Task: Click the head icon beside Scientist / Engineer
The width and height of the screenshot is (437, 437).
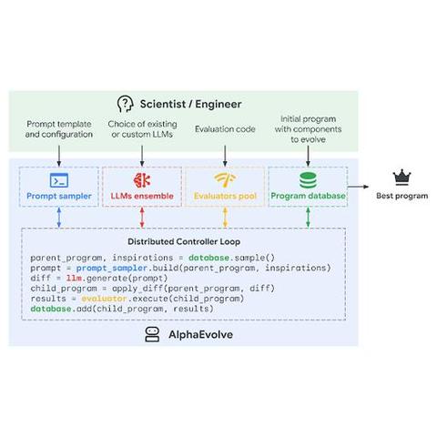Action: (125, 104)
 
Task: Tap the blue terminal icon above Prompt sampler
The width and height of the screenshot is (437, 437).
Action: (59, 180)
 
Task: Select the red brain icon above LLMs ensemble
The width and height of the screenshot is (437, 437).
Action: (142, 180)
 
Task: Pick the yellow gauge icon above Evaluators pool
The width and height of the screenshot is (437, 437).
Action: (225, 179)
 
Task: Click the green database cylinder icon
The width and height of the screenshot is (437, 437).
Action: (308, 180)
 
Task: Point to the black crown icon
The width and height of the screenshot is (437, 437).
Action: (401, 178)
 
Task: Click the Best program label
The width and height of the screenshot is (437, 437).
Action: (402, 196)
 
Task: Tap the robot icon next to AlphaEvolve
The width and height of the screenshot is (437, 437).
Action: (152, 334)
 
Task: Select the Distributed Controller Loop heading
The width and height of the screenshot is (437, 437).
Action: (184, 241)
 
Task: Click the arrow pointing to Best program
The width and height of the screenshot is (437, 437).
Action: (358, 187)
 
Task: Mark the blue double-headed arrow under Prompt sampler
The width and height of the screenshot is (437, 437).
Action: (59, 218)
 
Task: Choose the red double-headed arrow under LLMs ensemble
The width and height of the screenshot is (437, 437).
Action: (142, 218)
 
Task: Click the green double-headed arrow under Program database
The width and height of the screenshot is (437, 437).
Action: (308, 218)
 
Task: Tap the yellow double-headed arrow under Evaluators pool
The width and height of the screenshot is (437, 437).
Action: (225, 218)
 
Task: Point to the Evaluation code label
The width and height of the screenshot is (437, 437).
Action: (225, 129)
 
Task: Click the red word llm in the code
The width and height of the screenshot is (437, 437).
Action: (74, 278)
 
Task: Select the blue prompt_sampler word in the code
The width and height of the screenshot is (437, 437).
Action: (112, 269)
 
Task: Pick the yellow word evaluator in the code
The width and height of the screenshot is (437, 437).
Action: (104, 299)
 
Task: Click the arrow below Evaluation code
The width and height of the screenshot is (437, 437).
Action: (225, 156)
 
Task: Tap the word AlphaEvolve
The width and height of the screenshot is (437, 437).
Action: (201, 334)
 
